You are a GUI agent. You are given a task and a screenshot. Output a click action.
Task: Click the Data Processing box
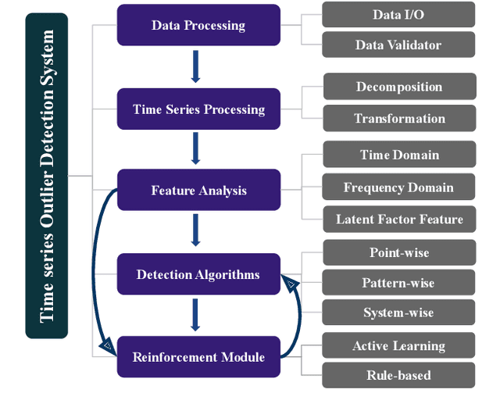pos(198,25)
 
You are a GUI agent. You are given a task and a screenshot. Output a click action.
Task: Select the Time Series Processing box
pos(198,109)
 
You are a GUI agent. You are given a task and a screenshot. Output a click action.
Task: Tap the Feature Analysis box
pos(198,190)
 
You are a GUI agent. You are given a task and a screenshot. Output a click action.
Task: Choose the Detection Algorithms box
pos(198,274)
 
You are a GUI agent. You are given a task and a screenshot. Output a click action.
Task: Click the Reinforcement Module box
pos(198,357)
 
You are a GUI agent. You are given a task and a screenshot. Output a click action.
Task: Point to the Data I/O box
pos(398,15)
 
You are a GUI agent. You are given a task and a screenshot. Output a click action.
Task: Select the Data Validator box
pos(398,45)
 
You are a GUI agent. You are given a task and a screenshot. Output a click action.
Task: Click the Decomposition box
pos(398,87)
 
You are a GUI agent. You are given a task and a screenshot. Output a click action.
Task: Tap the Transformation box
pos(398,119)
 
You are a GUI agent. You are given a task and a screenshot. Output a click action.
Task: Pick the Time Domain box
pos(398,155)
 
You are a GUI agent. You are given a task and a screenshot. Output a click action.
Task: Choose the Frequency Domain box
pos(398,188)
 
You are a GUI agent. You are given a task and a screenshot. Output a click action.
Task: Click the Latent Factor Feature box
pos(398,220)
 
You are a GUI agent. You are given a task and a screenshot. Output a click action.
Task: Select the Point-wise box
pos(398,252)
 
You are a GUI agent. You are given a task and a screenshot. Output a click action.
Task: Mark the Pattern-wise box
pos(398,283)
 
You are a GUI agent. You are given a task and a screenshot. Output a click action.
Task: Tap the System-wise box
pos(398,313)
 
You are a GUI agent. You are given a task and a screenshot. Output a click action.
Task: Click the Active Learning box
pos(398,345)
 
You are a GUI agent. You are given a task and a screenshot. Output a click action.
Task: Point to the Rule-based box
pos(398,375)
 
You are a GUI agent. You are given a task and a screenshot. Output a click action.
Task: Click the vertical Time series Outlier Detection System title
pos(47,176)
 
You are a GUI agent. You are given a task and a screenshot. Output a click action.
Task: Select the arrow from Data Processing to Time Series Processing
pos(195,68)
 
